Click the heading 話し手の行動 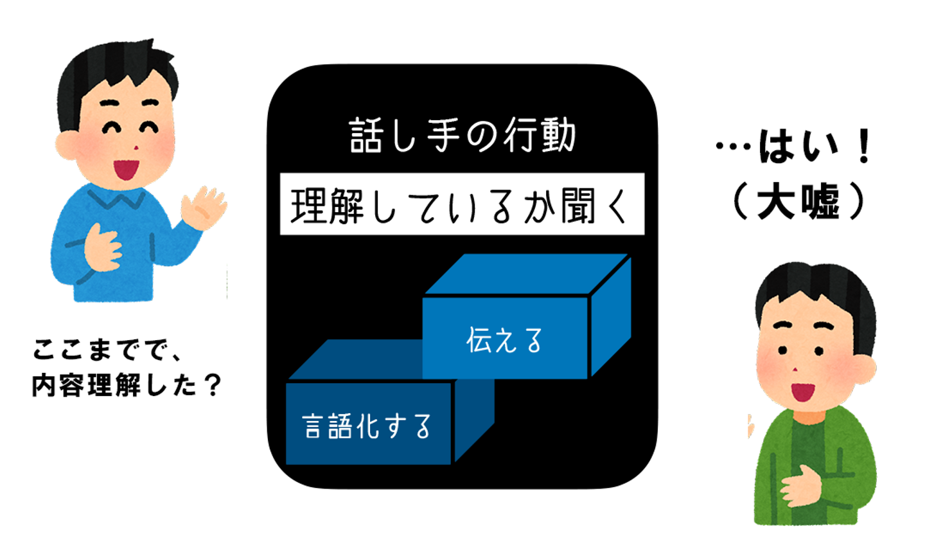coord(462,135)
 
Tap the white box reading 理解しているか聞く coord(462,204)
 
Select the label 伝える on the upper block coord(504,341)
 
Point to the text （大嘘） coord(799,201)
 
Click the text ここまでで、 coord(107,350)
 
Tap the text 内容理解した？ coord(127,384)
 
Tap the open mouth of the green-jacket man coord(803,391)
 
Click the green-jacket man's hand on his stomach coord(800,486)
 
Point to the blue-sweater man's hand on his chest coord(102,249)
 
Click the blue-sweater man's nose coord(136,147)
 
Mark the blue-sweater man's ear coord(66,145)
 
